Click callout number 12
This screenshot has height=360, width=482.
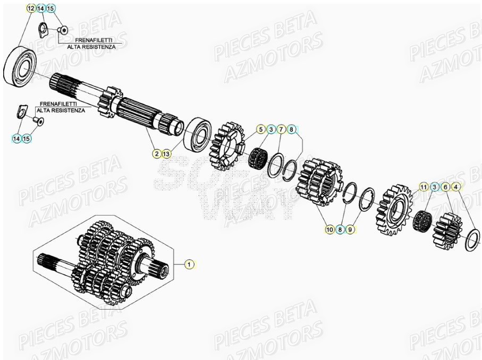(30, 8)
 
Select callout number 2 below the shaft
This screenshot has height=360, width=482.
(156, 153)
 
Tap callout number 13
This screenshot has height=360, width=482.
(166, 153)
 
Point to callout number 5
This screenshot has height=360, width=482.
(260, 129)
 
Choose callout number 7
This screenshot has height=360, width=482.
(281, 129)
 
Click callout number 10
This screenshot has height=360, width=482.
(329, 229)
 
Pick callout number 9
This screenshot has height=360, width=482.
(350, 229)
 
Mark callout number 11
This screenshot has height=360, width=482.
(424, 186)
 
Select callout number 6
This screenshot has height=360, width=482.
(445, 186)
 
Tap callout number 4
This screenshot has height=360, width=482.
(456, 186)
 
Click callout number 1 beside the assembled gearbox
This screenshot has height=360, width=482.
(190, 263)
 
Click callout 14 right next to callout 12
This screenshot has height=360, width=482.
(40, 8)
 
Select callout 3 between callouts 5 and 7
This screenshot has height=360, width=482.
(270, 129)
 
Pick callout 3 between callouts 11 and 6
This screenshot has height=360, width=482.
(435, 186)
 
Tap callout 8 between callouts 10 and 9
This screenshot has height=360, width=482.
(340, 229)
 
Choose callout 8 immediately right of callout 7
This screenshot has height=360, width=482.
(291, 129)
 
